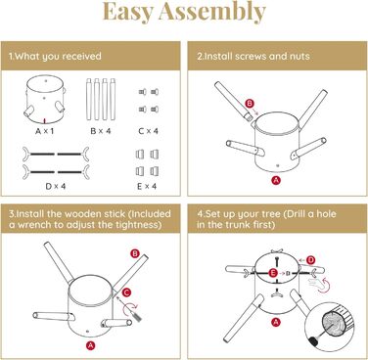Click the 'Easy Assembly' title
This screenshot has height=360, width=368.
coord(184,12)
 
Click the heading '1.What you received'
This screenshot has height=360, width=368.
coord(55,56)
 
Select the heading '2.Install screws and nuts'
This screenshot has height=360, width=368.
coord(253,56)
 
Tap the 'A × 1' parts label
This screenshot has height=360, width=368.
coord(44,131)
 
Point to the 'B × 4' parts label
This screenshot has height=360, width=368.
coord(101,131)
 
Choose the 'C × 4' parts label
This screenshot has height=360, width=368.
coord(148,131)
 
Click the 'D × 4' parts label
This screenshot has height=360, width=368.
coord(56,186)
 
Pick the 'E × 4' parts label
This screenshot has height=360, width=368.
coord(147,186)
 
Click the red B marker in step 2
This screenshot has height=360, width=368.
coord(250,104)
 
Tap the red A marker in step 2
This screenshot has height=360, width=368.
coord(276,180)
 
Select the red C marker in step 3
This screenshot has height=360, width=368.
coord(126,292)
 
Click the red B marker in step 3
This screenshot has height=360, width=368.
coord(135,253)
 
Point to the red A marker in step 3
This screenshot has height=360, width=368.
coord(90,345)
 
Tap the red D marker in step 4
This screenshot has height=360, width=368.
coord(311,260)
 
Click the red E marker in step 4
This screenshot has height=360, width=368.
coord(273,273)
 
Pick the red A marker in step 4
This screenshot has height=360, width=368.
coord(276,323)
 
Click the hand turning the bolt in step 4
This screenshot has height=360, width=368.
coord(316,283)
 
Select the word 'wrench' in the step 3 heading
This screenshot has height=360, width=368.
coord(33,225)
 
